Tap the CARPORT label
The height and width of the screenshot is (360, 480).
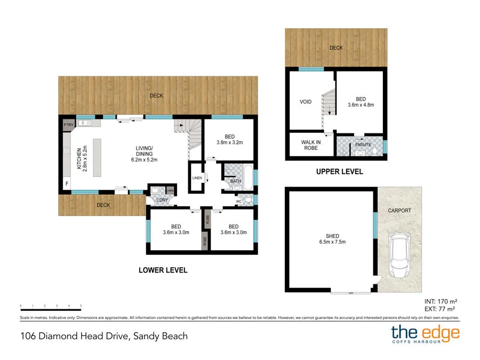[x=399, y=211]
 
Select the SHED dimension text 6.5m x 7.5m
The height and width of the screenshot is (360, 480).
[x=332, y=242]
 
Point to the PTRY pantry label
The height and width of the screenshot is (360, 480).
[x=68, y=125]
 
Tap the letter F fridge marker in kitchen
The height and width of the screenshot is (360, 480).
[x=67, y=184]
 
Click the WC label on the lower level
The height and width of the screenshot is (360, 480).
[x=239, y=201]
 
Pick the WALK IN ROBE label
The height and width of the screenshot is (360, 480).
[x=310, y=145]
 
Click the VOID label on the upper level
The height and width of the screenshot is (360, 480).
[x=305, y=101]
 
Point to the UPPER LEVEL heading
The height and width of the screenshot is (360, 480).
[x=339, y=172]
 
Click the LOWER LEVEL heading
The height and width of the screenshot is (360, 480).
[x=163, y=270]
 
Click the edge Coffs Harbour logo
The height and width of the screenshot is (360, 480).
[x=425, y=335]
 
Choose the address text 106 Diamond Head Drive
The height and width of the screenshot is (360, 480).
[x=104, y=336]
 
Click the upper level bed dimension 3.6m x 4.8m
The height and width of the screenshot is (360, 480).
[x=361, y=105]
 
